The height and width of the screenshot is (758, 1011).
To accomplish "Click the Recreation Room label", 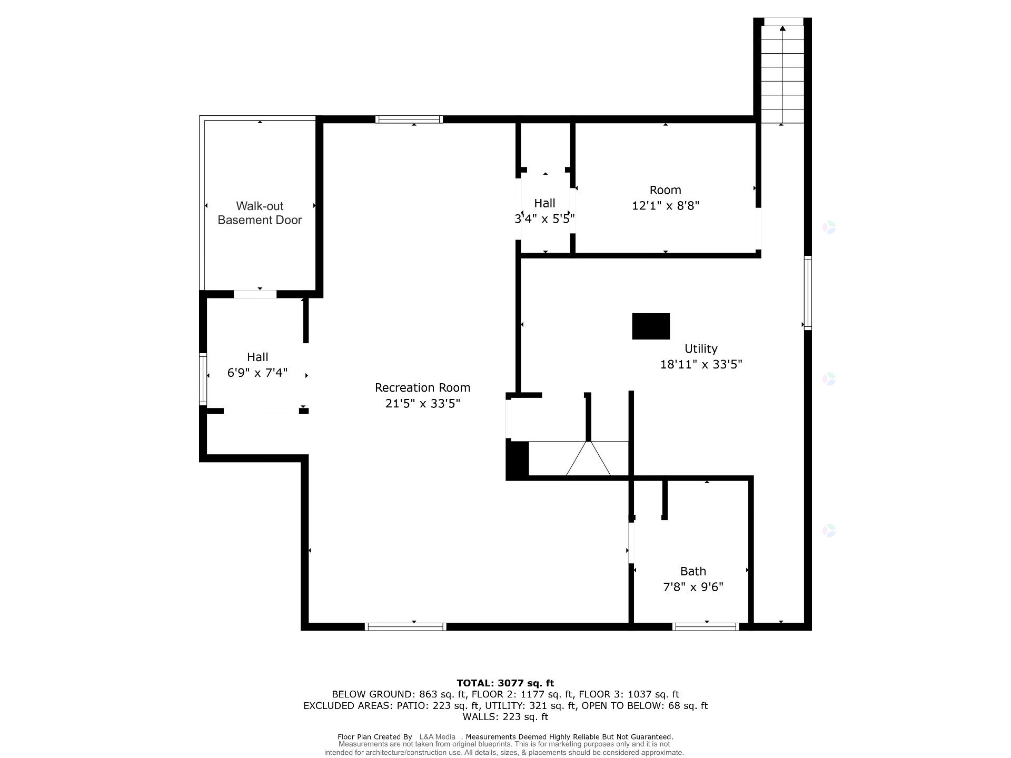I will point(422,388).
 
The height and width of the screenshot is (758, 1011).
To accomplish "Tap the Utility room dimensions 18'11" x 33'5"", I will point(701,364).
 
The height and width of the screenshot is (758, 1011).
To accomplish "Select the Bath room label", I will point(693,571).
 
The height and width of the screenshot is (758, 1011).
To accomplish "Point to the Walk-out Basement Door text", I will point(260,213).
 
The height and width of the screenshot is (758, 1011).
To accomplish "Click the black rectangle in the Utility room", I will point(651,326).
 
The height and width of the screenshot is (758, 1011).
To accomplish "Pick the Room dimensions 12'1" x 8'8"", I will point(665,206).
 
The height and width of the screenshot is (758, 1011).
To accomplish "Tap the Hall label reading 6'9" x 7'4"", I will point(257,365).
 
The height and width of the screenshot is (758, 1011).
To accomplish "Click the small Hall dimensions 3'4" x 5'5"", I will point(544,218).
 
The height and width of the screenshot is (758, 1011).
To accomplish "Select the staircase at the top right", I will point(783,74).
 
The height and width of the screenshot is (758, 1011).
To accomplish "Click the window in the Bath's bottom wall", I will point(706,626).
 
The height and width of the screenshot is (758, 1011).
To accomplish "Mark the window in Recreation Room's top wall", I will point(409,119).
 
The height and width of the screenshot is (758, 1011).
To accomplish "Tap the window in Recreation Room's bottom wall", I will point(405,626).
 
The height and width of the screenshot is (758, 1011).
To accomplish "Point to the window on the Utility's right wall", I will point(808,293).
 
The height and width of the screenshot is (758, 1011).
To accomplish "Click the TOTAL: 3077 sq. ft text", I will point(505,683).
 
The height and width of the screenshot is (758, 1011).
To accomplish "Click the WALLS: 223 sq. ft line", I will point(505,717).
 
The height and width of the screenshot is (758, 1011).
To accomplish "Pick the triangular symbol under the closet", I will point(589,459).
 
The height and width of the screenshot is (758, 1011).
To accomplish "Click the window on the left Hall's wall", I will point(203,379).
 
